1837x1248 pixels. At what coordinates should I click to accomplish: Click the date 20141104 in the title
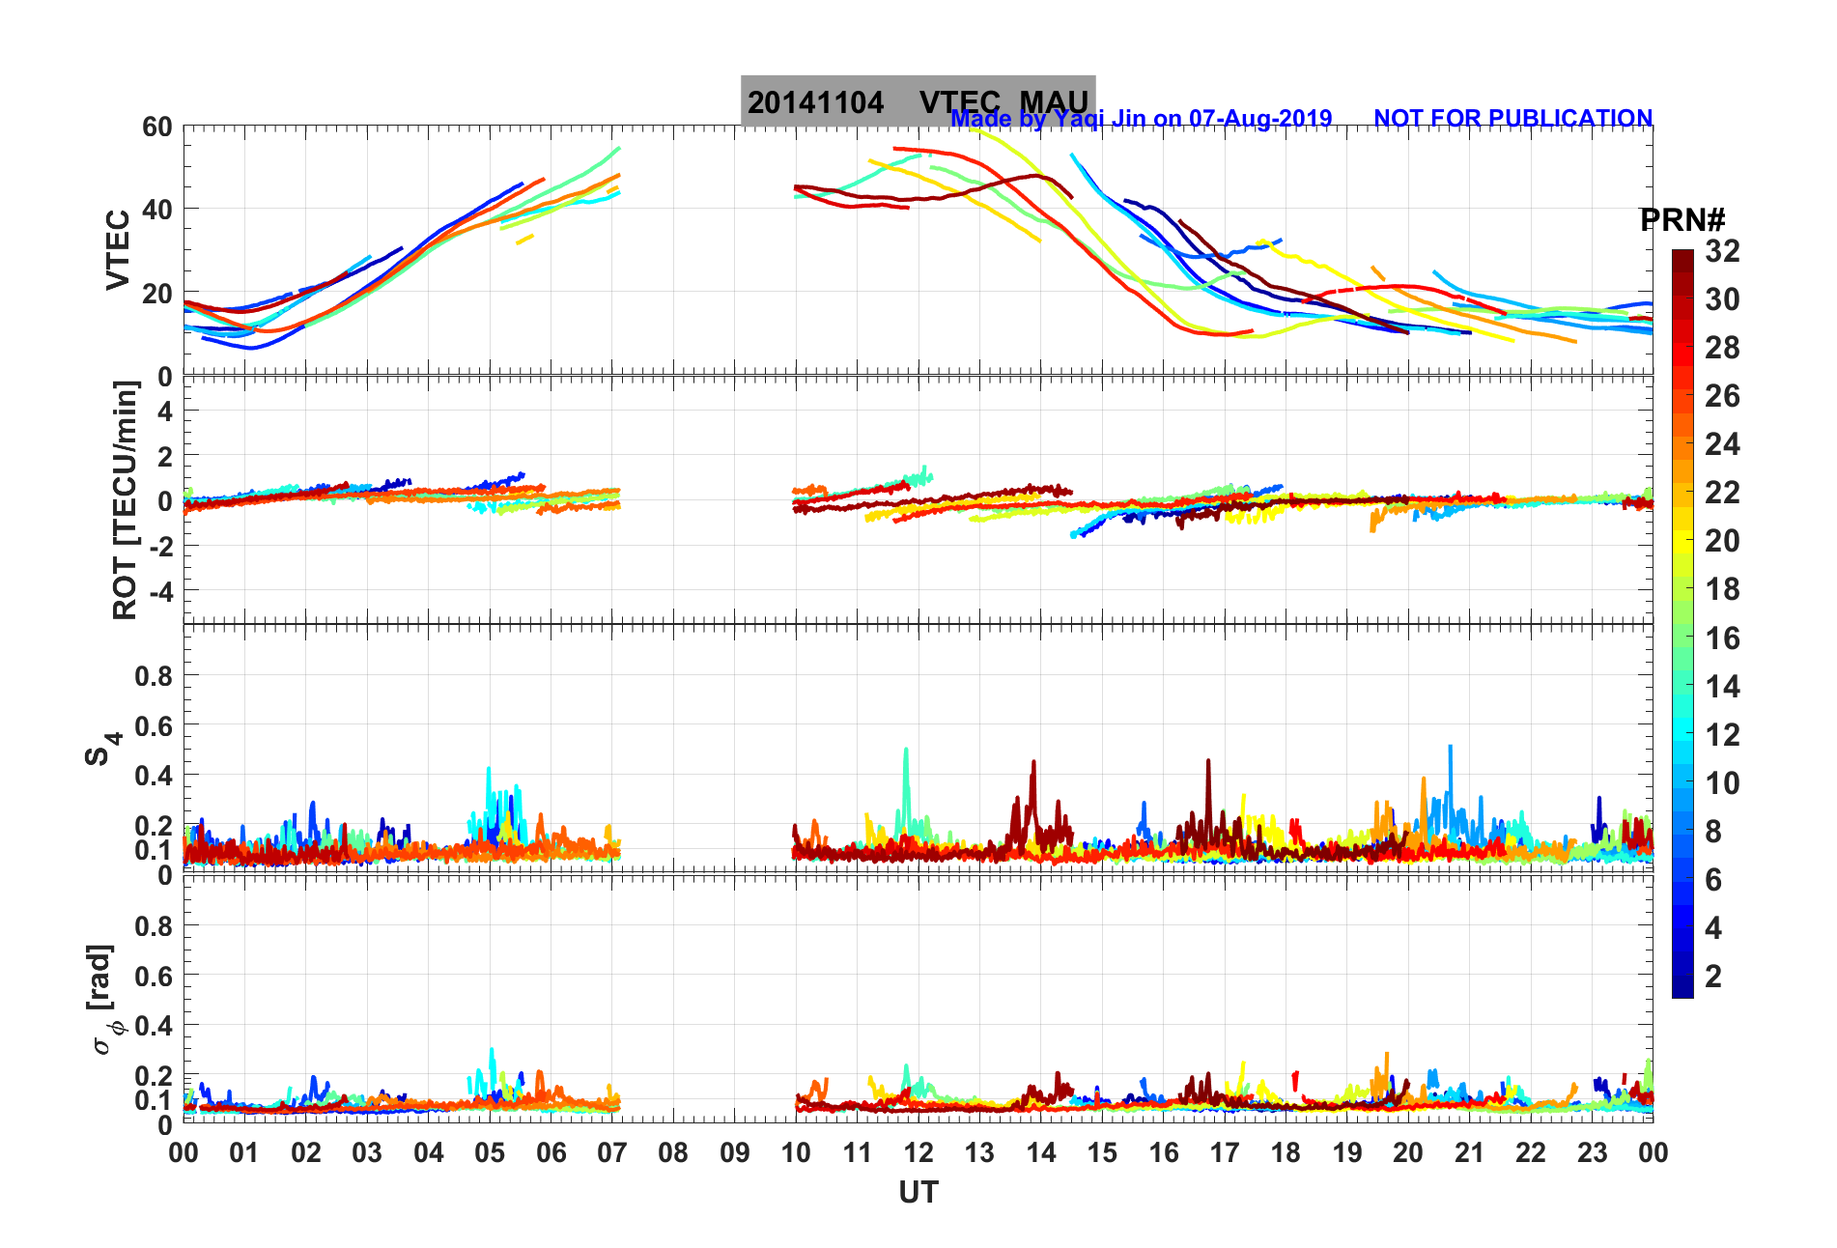[x=815, y=102]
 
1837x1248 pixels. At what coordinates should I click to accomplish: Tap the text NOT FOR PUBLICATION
[x=1512, y=118]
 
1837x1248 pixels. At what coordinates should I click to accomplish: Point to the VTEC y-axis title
[x=117, y=249]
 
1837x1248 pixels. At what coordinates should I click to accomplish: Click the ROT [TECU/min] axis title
[x=125, y=499]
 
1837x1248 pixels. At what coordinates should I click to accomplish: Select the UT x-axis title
[x=918, y=1193]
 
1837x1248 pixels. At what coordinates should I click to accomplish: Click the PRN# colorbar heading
[x=1682, y=220]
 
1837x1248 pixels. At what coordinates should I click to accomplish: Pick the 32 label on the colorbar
[x=1722, y=251]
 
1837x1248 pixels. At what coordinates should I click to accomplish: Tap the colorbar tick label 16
[x=1722, y=638]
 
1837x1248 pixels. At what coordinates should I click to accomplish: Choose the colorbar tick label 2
[x=1713, y=976]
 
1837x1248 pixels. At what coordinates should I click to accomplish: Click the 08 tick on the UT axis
[x=673, y=1152]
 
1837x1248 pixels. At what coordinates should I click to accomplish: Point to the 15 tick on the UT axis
[x=1102, y=1152]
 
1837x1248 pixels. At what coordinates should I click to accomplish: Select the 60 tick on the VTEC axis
[x=156, y=127]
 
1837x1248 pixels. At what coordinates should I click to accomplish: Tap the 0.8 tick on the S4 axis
[x=154, y=676]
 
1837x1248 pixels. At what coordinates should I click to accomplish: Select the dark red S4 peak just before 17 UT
[x=1207, y=763]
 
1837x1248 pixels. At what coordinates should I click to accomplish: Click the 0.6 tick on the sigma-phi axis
[x=154, y=977]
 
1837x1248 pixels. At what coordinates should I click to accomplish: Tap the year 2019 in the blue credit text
[x=1305, y=118]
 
